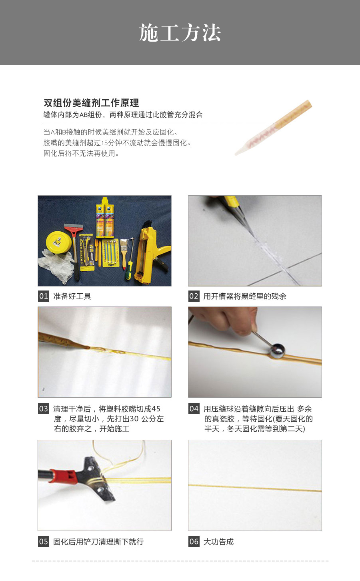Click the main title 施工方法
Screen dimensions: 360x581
tap(180, 33)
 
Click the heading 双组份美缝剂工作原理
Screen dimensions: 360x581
tap(91, 103)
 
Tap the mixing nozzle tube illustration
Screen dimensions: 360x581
tap(273, 128)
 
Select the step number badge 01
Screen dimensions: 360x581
tap(44, 296)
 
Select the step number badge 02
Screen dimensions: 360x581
tap(194, 296)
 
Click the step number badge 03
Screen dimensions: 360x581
tap(44, 409)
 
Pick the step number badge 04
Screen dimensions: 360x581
tap(194, 409)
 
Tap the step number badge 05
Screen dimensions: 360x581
tap(44, 541)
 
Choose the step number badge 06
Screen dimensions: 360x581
tap(194, 541)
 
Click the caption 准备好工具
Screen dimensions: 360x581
tap(72, 296)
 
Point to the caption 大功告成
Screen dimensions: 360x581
tap(219, 541)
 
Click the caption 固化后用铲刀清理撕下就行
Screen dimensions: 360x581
tap(98, 541)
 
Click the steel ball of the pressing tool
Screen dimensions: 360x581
tap(277, 351)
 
